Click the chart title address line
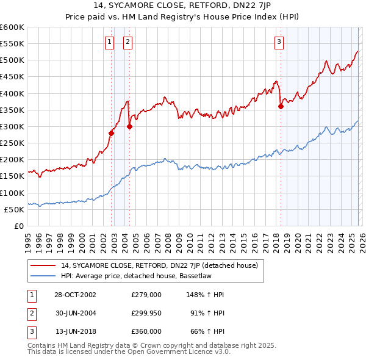tap(182, 7)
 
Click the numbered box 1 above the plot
tap(109, 42)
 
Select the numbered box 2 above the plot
tap(127, 42)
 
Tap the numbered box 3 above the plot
tap(279, 42)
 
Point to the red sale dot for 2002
tap(112, 133)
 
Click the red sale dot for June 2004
tap(129, 126)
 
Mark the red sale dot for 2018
tap(281, 106)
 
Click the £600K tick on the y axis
tap(12, 27)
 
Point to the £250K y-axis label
tap(12, 143)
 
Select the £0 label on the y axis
tap(18, 226)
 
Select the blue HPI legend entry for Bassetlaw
tap(147, 276)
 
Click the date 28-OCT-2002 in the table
tap(75, 295)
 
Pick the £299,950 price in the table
tap(146, 313)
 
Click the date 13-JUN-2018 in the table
tap(75, 331)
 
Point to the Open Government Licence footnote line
tap(129, 352)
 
